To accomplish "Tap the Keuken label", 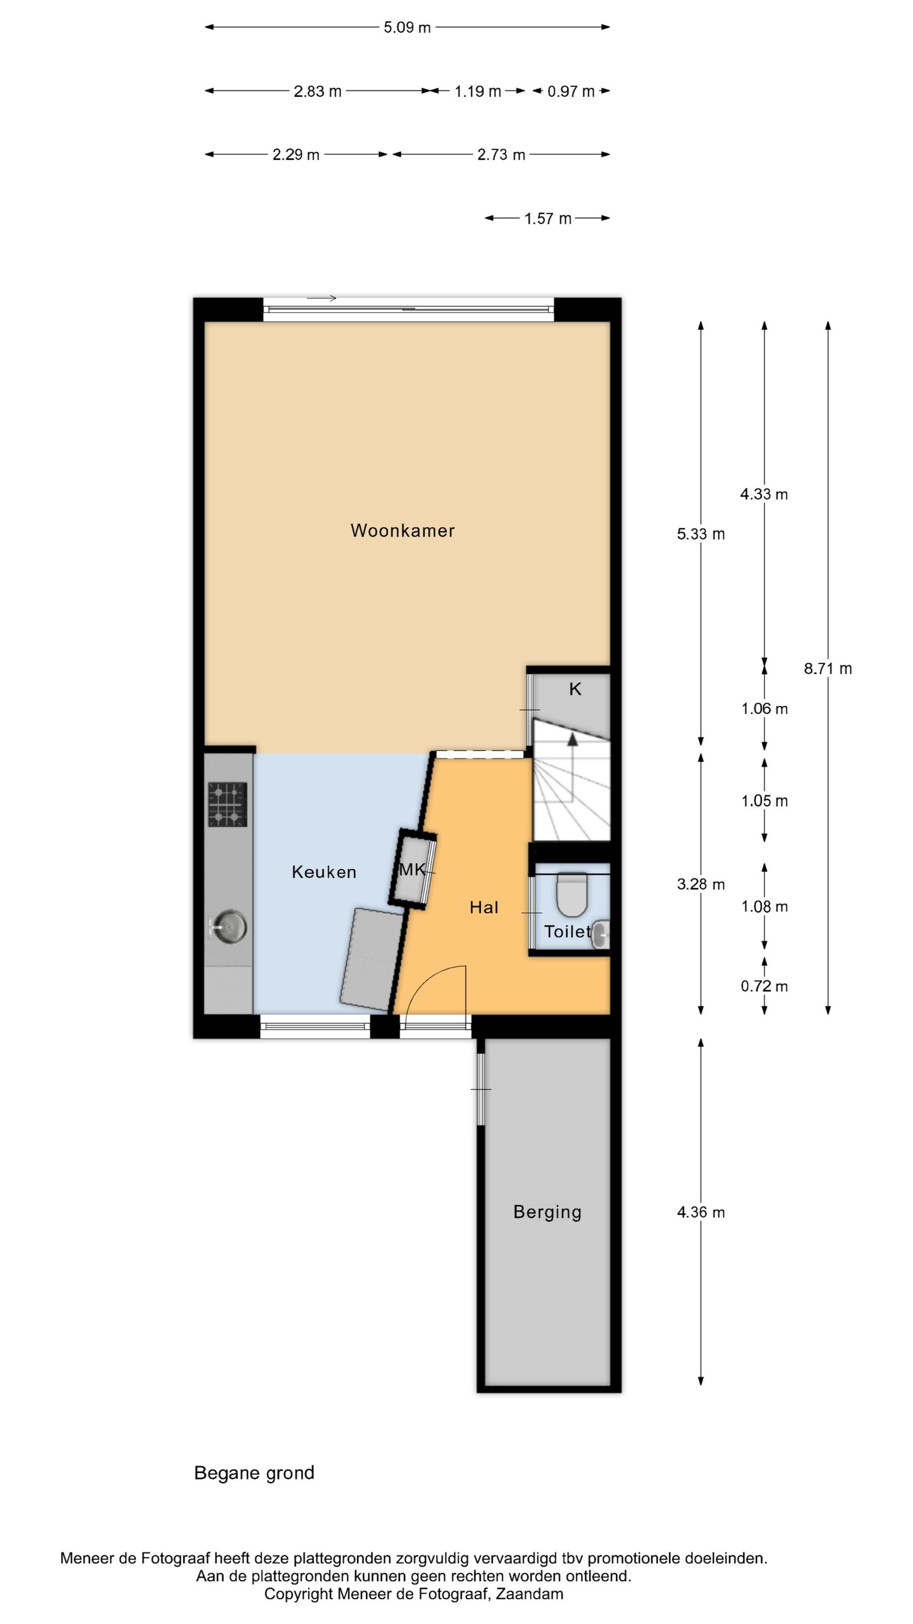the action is (324, 872).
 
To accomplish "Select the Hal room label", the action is (484, 907).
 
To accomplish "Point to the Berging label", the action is (547, 1213).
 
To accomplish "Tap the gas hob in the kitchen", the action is (228, 804).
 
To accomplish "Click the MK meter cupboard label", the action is (412, 870).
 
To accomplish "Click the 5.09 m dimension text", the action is (407, 28).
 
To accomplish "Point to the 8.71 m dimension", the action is (828, 669).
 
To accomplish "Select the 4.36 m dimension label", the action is (700, 1213).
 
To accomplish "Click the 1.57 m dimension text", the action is (547, 219).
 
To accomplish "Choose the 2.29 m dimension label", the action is (295, 154).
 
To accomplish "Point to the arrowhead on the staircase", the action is (572, 739).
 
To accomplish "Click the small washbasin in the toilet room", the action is (600, 934).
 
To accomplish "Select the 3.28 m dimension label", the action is (700, 885).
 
